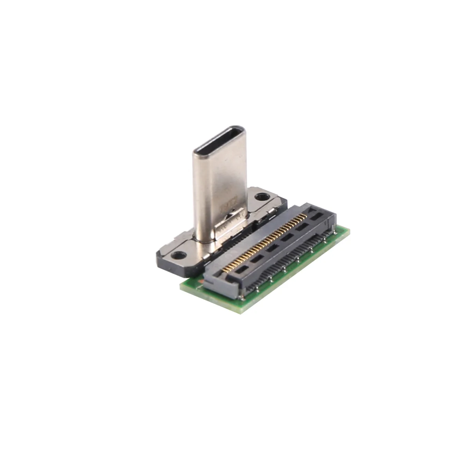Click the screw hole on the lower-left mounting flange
(x=179, y=255)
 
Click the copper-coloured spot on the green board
(x=201, y=281)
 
